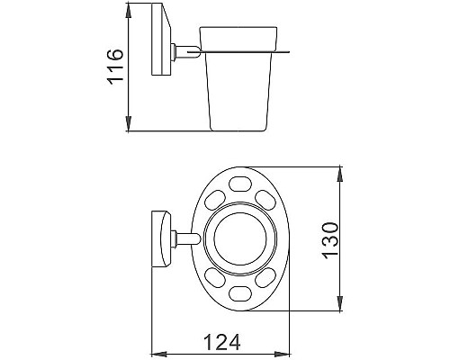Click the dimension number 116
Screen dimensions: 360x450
[x=115, y=67]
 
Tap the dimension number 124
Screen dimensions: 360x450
[x=221, y=342]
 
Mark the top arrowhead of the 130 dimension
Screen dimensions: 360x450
[x=339, y=171]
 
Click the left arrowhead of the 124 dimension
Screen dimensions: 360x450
[x=154, y=353]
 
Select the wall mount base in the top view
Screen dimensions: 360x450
[x=161, y=238]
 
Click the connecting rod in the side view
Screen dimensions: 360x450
[x=184, y=53]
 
